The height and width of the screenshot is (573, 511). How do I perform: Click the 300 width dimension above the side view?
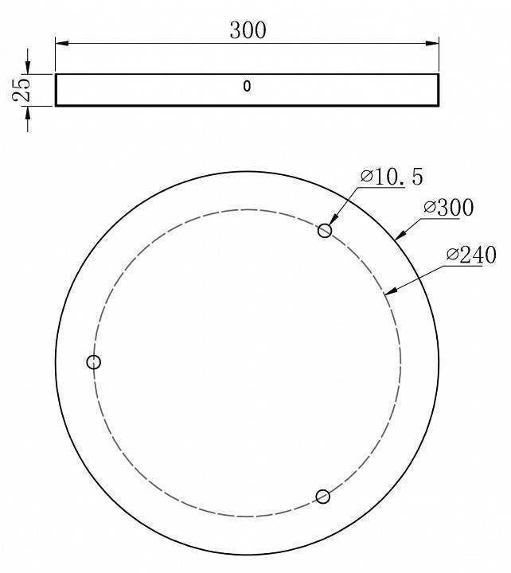(248, 30)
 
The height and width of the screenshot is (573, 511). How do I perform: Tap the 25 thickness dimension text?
(21, 89)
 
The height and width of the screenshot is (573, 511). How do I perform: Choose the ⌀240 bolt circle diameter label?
(471, 255)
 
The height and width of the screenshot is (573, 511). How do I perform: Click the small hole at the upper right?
(325, 231)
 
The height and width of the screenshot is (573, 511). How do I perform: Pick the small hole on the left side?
(94, 362)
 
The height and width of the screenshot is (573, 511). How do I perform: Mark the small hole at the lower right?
(322, 497)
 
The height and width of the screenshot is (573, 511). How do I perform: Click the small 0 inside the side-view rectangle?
(247, 87)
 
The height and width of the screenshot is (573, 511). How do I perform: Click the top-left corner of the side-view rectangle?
(56, 75)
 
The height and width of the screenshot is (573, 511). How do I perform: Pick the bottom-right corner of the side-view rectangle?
(439, 105)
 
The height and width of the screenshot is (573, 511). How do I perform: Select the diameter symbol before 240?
(452, 255)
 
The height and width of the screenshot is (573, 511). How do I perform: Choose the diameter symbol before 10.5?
(366, 177)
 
